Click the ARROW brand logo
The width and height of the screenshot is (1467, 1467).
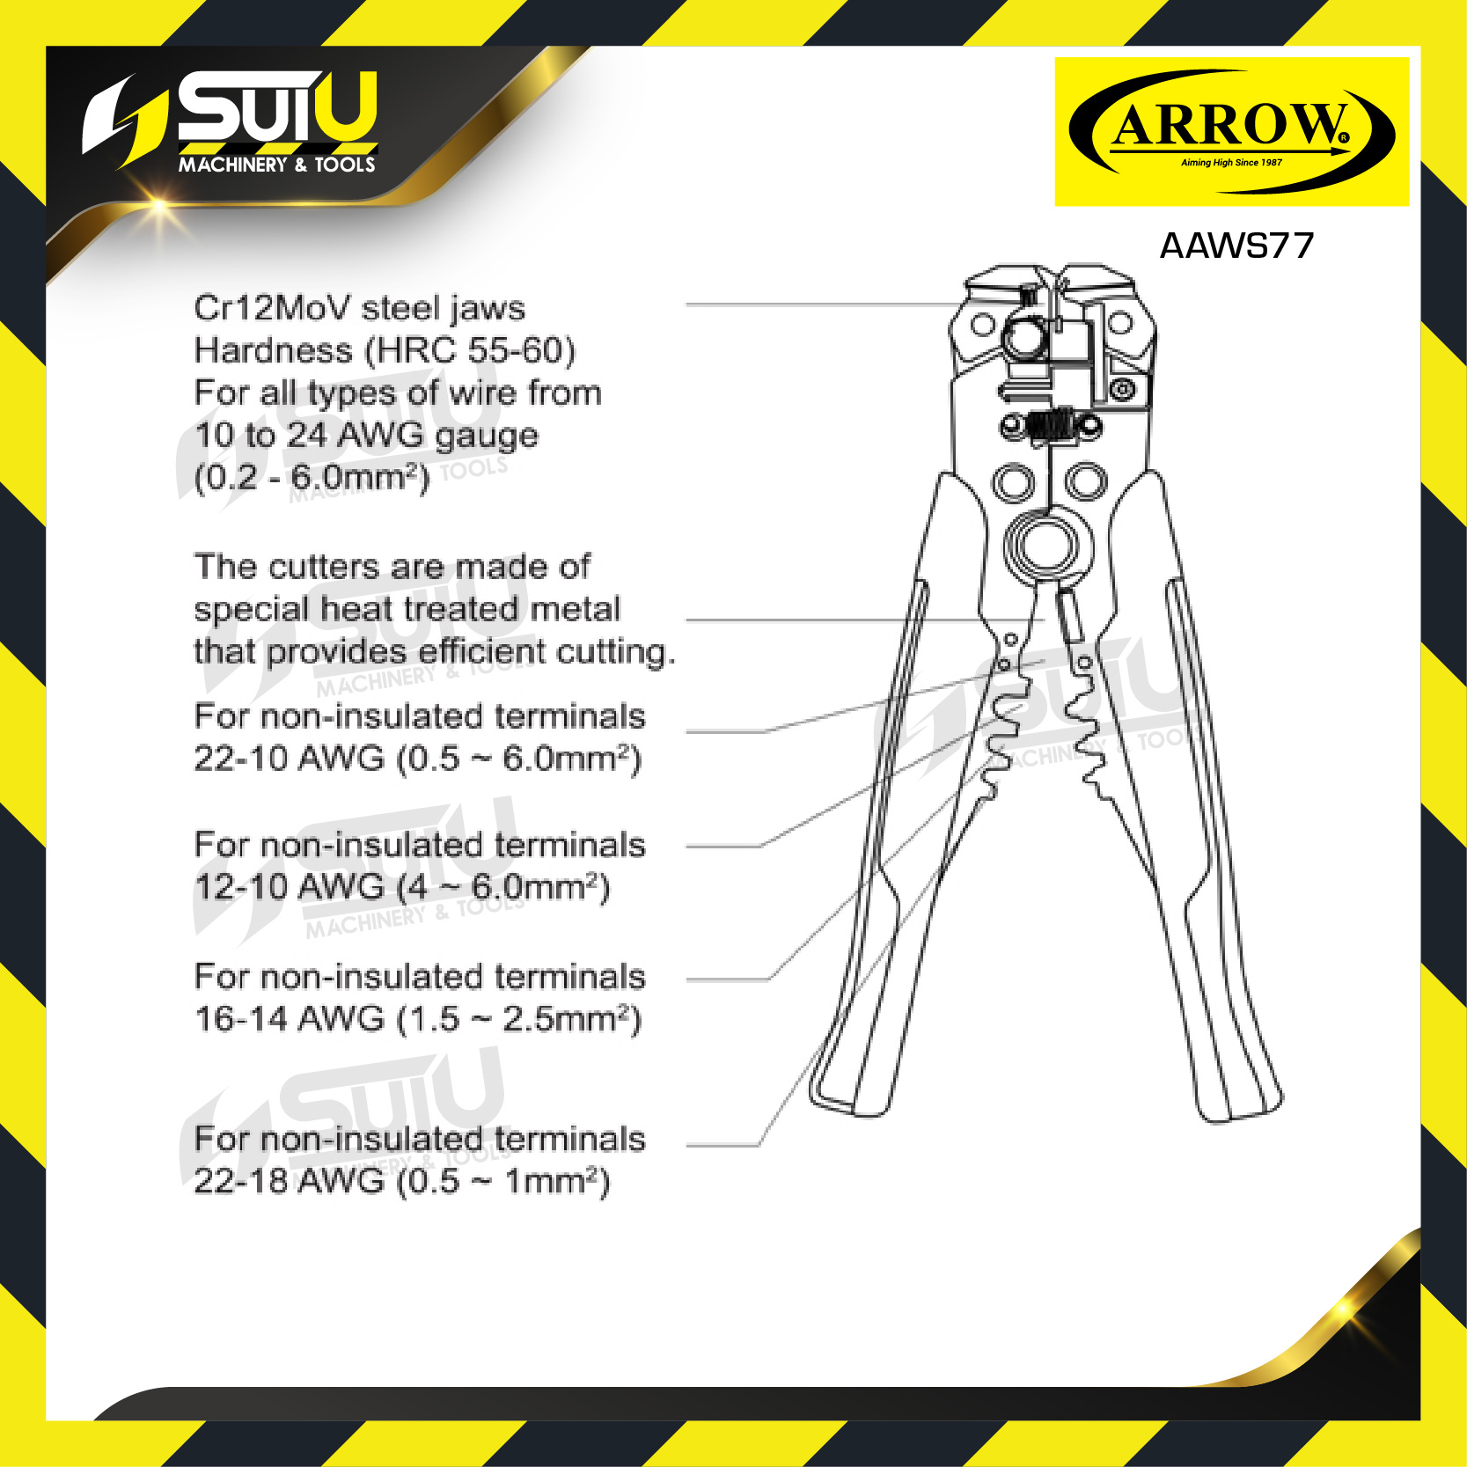[1231, 132]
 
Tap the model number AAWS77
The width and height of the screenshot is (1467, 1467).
[1236, 246]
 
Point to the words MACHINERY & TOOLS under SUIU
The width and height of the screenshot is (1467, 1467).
[277, 165]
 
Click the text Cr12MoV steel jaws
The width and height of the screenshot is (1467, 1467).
[359, 308]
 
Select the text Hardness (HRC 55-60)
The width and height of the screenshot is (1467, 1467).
[385, 350]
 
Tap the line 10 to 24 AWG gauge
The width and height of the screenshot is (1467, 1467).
[366, 436]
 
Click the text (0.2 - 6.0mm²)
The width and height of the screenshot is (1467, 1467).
[312, 478]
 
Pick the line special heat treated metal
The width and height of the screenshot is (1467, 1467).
[407, 609]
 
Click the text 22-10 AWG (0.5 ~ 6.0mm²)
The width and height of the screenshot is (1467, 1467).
[418, 759]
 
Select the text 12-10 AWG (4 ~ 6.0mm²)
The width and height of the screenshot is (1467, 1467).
[401, 887]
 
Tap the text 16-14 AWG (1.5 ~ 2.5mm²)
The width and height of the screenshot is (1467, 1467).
[418, 1019]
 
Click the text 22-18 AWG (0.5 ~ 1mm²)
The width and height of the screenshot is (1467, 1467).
[401, 1181]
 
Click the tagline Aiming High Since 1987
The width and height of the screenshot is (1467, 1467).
[1231, 163]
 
